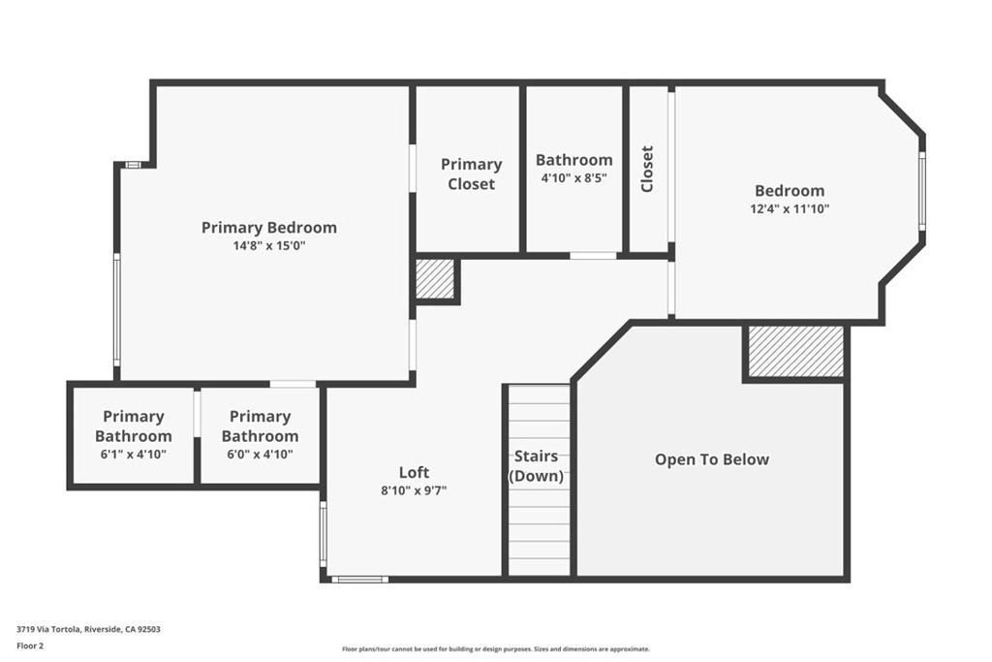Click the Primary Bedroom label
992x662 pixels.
click(269, 228)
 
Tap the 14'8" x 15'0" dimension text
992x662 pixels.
click(269, 245)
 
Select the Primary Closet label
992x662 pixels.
click(472, 174)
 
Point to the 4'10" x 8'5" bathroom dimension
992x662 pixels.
click(573, 177)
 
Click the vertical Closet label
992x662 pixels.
click(646, 169)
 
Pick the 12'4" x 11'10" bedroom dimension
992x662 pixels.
click(790, 208)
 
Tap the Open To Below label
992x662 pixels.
click(712, 459)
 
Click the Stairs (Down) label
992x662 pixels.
click(537, 466)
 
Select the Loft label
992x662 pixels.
click(414, 472)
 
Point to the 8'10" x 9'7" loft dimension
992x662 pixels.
click(414, 490)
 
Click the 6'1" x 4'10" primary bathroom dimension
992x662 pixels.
click(134, 454)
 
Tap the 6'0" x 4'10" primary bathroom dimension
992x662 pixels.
click(260, 454)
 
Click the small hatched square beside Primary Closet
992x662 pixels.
click(435, 279)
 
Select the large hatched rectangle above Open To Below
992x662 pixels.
click(796, 352)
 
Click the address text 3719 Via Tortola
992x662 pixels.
click(48, 629)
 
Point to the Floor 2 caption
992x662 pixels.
click(30, 646)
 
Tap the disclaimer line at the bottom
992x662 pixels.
click(495, 648)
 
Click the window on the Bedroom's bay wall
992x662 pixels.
click(922, 191)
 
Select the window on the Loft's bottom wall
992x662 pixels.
click(360, 579)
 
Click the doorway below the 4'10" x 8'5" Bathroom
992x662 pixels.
click(593, 256)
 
